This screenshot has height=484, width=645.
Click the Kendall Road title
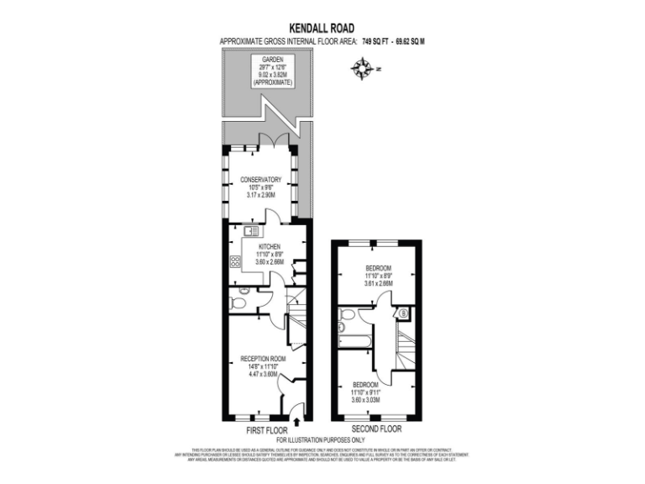(x=322, y=27)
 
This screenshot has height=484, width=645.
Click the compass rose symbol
(x=364, y=68)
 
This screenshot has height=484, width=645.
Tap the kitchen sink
(x=250, y=230)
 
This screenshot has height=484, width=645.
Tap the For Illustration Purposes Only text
(x=322, y=439)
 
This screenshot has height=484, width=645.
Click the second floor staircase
(x=405, y=346)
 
